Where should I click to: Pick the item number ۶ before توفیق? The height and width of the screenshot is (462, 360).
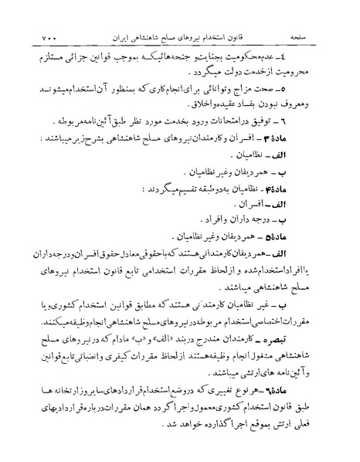(326, 121)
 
